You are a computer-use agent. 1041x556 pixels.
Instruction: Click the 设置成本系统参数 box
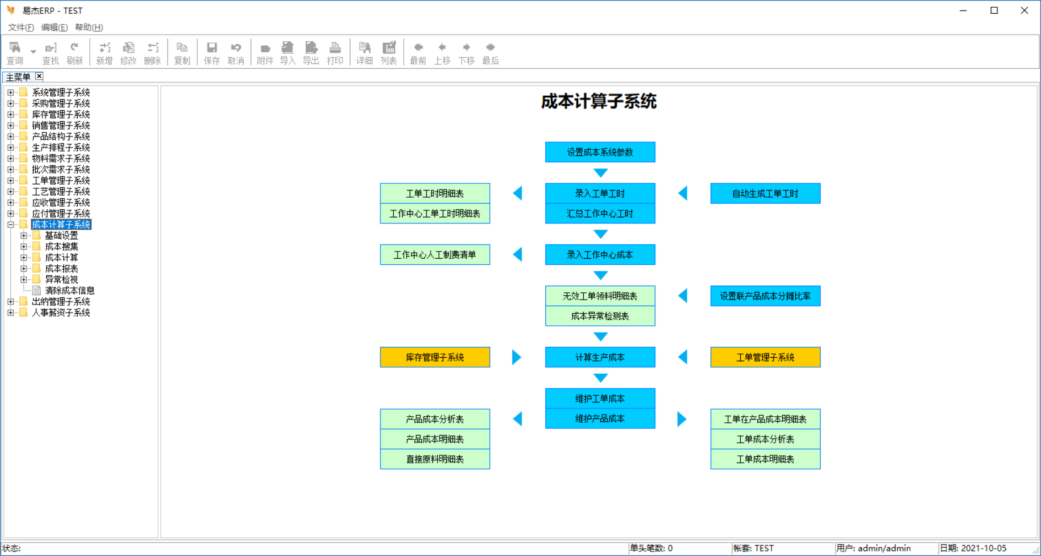click(x=600, y=152)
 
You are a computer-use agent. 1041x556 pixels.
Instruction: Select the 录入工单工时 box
click(x=600, y=193)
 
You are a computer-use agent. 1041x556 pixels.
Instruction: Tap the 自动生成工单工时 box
click(x=765, y=193)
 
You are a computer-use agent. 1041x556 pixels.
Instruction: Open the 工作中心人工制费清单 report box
click(x=435, y=254)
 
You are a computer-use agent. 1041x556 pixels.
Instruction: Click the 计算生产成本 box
click(x=600, y=357)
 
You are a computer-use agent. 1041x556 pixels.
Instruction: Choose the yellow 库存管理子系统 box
click(x=435, y=357)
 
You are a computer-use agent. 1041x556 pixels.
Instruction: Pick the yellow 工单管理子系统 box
click(x=765, y=357)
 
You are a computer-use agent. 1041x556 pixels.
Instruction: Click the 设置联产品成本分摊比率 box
click(x=765, y=296)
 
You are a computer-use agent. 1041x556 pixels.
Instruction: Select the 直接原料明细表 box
click(x=435, y=459)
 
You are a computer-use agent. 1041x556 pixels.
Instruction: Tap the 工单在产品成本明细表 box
click(x=765, y=419)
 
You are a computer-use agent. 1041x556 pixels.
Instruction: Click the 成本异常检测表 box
click(x=600, y=316)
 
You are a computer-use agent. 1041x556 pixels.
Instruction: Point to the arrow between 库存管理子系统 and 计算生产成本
click(x=517, y=357)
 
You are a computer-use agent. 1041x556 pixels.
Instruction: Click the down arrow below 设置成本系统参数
click(x=600, y=173)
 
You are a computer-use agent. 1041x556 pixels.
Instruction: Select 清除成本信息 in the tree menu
click(x=69, y=291)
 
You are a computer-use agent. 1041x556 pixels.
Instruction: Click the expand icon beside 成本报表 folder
click(x=24, y=269)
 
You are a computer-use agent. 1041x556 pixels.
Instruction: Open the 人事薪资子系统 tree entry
click(x=61, y=313)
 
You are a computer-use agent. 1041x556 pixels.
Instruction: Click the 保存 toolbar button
click(x=212, y=53)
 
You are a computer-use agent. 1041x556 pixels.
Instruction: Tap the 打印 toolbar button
click(x=335, y=53)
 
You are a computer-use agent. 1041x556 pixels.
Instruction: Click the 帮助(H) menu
click(x=89, y=28)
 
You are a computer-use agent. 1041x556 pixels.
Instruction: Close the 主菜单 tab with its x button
click(x=39, y=77)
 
